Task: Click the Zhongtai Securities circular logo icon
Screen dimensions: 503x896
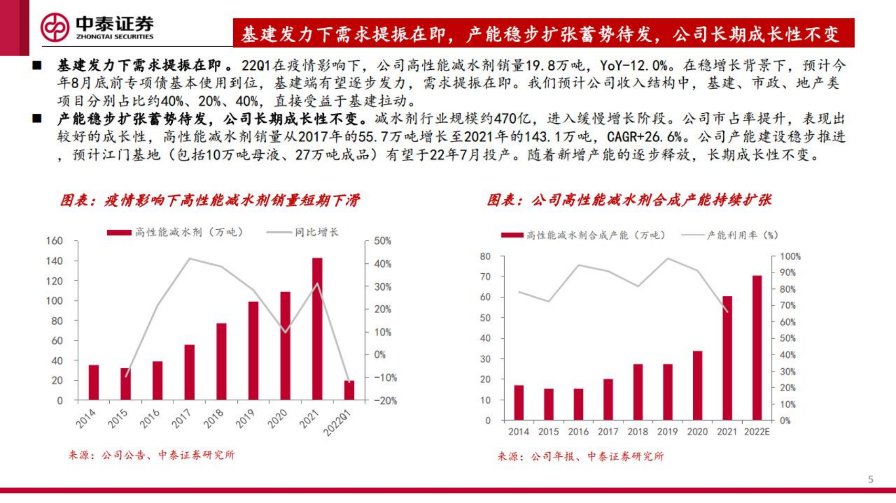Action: pyautogui.click(x=55, y=27)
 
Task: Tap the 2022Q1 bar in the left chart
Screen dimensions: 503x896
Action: pyautogui.click(x=349, y=390)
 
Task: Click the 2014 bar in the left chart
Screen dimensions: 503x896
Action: pyautogui.click(x=93, y=382)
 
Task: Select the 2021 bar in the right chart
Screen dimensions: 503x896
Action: pyautogui.click(x=727, y=358)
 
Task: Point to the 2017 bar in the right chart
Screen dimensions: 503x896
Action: pyautogui.click(x=608, y=399)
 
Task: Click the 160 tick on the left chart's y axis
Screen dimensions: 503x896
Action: pyautogui.click(x=55, y=241)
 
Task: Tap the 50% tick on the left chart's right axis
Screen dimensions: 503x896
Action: pyautogui.click(x=382, y=241)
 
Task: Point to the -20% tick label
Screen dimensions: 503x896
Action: pyautogui.click(x=385, y=401)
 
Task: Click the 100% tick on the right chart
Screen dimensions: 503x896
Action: pyautogui.click(x=790, y=256)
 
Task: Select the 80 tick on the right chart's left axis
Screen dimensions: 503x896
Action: pyautogui.click(x=485, y=256)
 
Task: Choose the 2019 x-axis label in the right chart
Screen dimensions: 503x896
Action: pyautogui.click(x=668, y=432)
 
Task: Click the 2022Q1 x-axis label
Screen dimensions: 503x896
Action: pyautogui.click(x=337, y=423)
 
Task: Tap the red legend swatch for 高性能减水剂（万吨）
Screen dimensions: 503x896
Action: pyautogui.click(x=119, y=232)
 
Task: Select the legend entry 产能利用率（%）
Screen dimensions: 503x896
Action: pyautogui.click(x=742, y=236)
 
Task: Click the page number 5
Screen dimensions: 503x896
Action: pyautogui.click(x=871, y=479)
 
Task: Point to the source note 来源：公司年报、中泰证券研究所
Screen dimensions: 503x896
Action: pyautogui.click(x=580, y=456)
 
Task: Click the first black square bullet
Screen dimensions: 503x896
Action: pyautogui.click(x=37, y=66)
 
